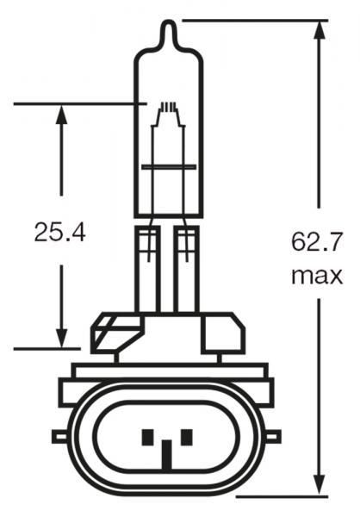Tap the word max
pyautogui.click(x=316, y=276)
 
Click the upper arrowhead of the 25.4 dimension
pyautogui.click(x=61, y=115)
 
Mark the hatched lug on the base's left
pyautogui.click(x=108, y=333)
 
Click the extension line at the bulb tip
pyautogui.click(x=258, y=19)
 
